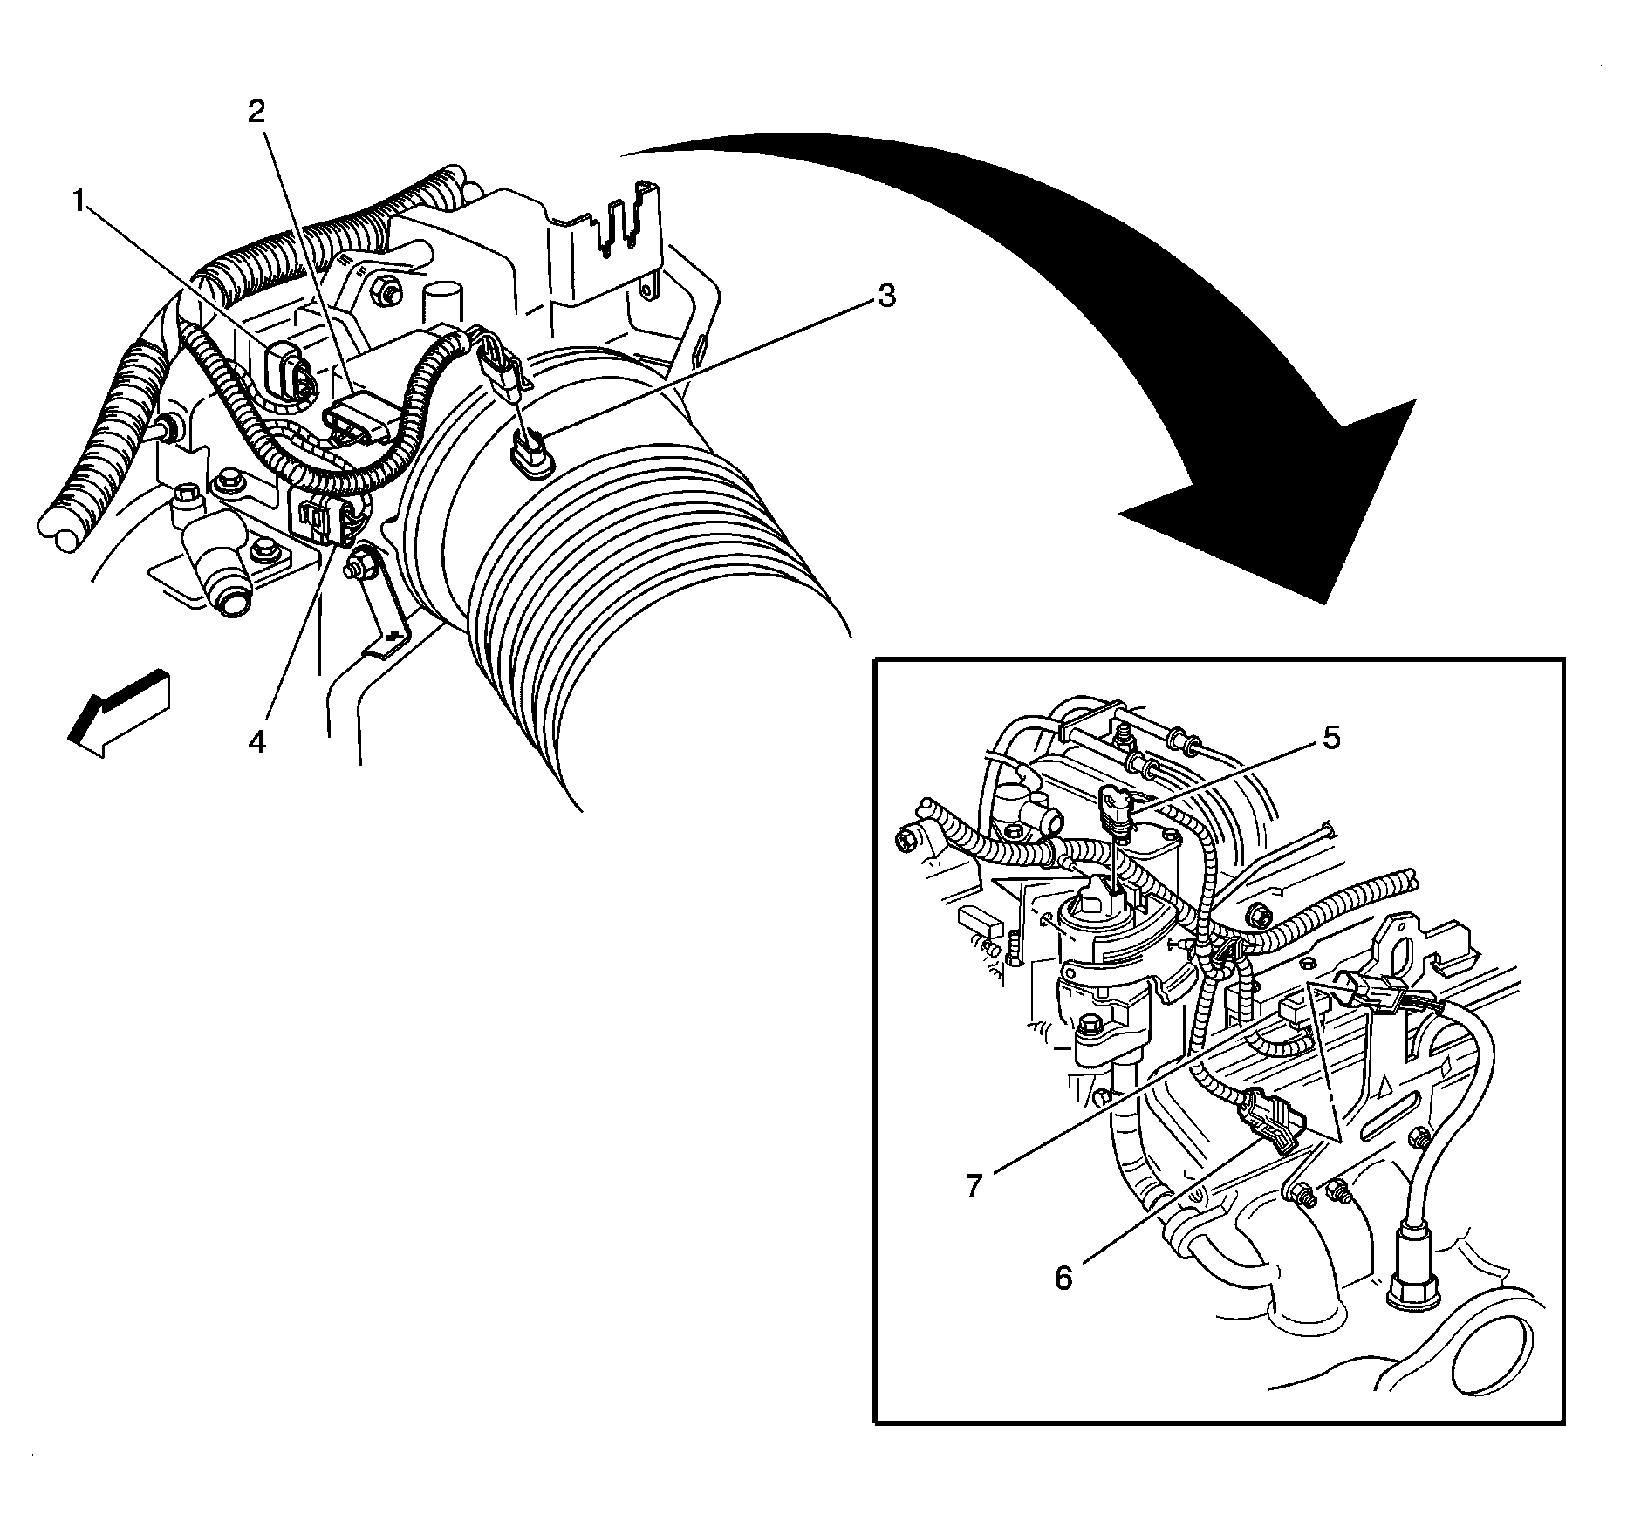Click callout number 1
pos(79,203)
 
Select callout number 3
pos(885,297)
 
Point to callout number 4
pos(256,742)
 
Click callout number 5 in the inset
pos(1330,738)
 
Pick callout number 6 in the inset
pos(1063,1279)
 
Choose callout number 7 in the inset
pos(974,1185)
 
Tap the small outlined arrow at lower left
pos(117,713)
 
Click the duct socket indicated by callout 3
pos(528,455)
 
